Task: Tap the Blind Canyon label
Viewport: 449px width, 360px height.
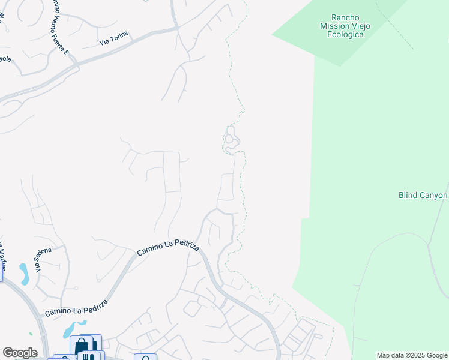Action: [x=423, y=195]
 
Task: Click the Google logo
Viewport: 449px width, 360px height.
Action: [x=20, y=353]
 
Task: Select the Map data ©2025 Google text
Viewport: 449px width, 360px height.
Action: [x=412, y=355]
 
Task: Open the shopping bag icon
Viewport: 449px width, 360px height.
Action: [x=82, y=346]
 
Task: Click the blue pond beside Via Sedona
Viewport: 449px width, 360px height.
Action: [x=24, y=273]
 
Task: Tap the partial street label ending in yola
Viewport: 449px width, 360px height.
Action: [x=5, y=59]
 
